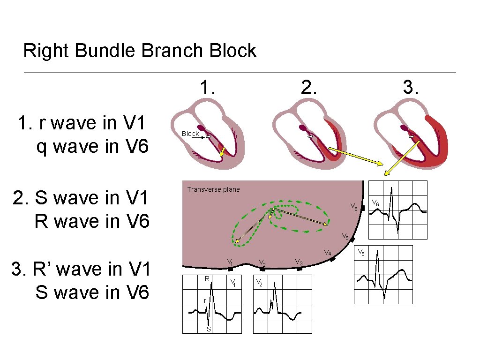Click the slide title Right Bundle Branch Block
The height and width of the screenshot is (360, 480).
(140, 51)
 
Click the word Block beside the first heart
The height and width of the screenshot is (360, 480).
(190, 134)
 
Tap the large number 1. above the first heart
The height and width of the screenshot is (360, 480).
(207, 87)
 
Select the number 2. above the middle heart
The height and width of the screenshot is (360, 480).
(308, 87)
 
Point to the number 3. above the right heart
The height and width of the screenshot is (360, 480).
(411, 87)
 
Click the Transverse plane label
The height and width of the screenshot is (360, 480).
(213, 189)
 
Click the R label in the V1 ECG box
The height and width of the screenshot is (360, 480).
(207, 279)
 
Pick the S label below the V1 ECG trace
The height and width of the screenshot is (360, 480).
(209, 329)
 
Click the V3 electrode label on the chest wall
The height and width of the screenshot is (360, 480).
(299, 262)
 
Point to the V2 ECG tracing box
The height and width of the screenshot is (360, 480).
(282, 304)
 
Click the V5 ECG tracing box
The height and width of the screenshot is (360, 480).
(383, 274)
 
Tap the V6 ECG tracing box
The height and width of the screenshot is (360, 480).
(398, 210)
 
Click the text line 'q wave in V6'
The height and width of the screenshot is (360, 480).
(92, 147)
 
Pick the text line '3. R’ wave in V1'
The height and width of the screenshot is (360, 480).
(81, 270)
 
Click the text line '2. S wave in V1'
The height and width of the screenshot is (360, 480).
(81, 198)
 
